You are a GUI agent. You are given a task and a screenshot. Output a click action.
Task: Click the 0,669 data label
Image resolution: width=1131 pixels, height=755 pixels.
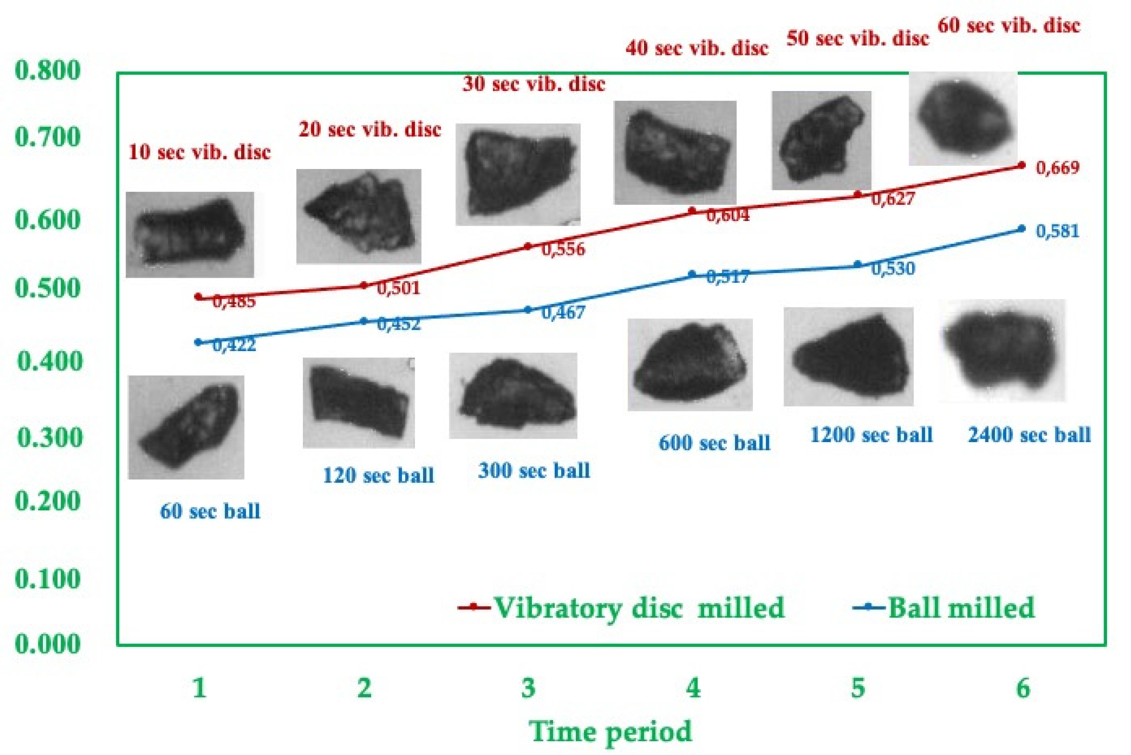(x=1057, y=168)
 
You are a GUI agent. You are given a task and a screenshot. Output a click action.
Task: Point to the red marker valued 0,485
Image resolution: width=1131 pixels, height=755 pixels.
(x=198, y=297)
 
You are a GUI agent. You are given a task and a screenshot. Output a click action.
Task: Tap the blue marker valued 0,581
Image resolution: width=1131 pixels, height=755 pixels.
(x=1022, y=228)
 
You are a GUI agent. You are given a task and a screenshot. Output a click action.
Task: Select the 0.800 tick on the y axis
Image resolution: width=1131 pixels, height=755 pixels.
(x=48, y=71)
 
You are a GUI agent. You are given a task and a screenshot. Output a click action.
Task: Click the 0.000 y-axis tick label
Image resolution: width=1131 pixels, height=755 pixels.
(x=48, y=644)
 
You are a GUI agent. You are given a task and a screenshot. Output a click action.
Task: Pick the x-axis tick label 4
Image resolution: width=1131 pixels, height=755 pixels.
(x=693, y=688)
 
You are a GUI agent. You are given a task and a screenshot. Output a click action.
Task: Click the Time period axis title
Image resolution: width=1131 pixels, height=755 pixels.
(x=611, y=731)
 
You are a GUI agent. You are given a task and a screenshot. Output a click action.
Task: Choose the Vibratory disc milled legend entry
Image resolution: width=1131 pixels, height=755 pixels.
(x=621, y=608)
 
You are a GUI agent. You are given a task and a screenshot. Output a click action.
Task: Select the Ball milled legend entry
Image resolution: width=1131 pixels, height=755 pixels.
(x=944, y=608)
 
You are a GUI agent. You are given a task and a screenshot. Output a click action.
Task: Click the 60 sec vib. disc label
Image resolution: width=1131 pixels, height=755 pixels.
(x=1009, y=25)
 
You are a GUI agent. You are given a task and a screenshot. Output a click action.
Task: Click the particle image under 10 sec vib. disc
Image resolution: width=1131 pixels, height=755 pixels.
(x=190, y=234)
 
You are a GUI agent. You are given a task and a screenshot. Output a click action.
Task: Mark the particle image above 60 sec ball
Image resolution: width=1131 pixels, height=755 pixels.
(x=186, y=427)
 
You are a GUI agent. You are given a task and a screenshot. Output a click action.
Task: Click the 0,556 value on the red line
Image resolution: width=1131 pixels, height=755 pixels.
(x=563, y=249)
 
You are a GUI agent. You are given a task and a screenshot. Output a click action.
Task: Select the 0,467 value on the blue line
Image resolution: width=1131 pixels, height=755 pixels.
(x=563, y=312)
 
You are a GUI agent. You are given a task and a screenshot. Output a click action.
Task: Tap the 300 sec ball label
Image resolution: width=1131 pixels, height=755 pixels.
(x=534, y=470)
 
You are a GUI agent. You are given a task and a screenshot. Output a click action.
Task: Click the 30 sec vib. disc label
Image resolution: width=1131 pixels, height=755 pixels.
(x=534, y=84)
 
